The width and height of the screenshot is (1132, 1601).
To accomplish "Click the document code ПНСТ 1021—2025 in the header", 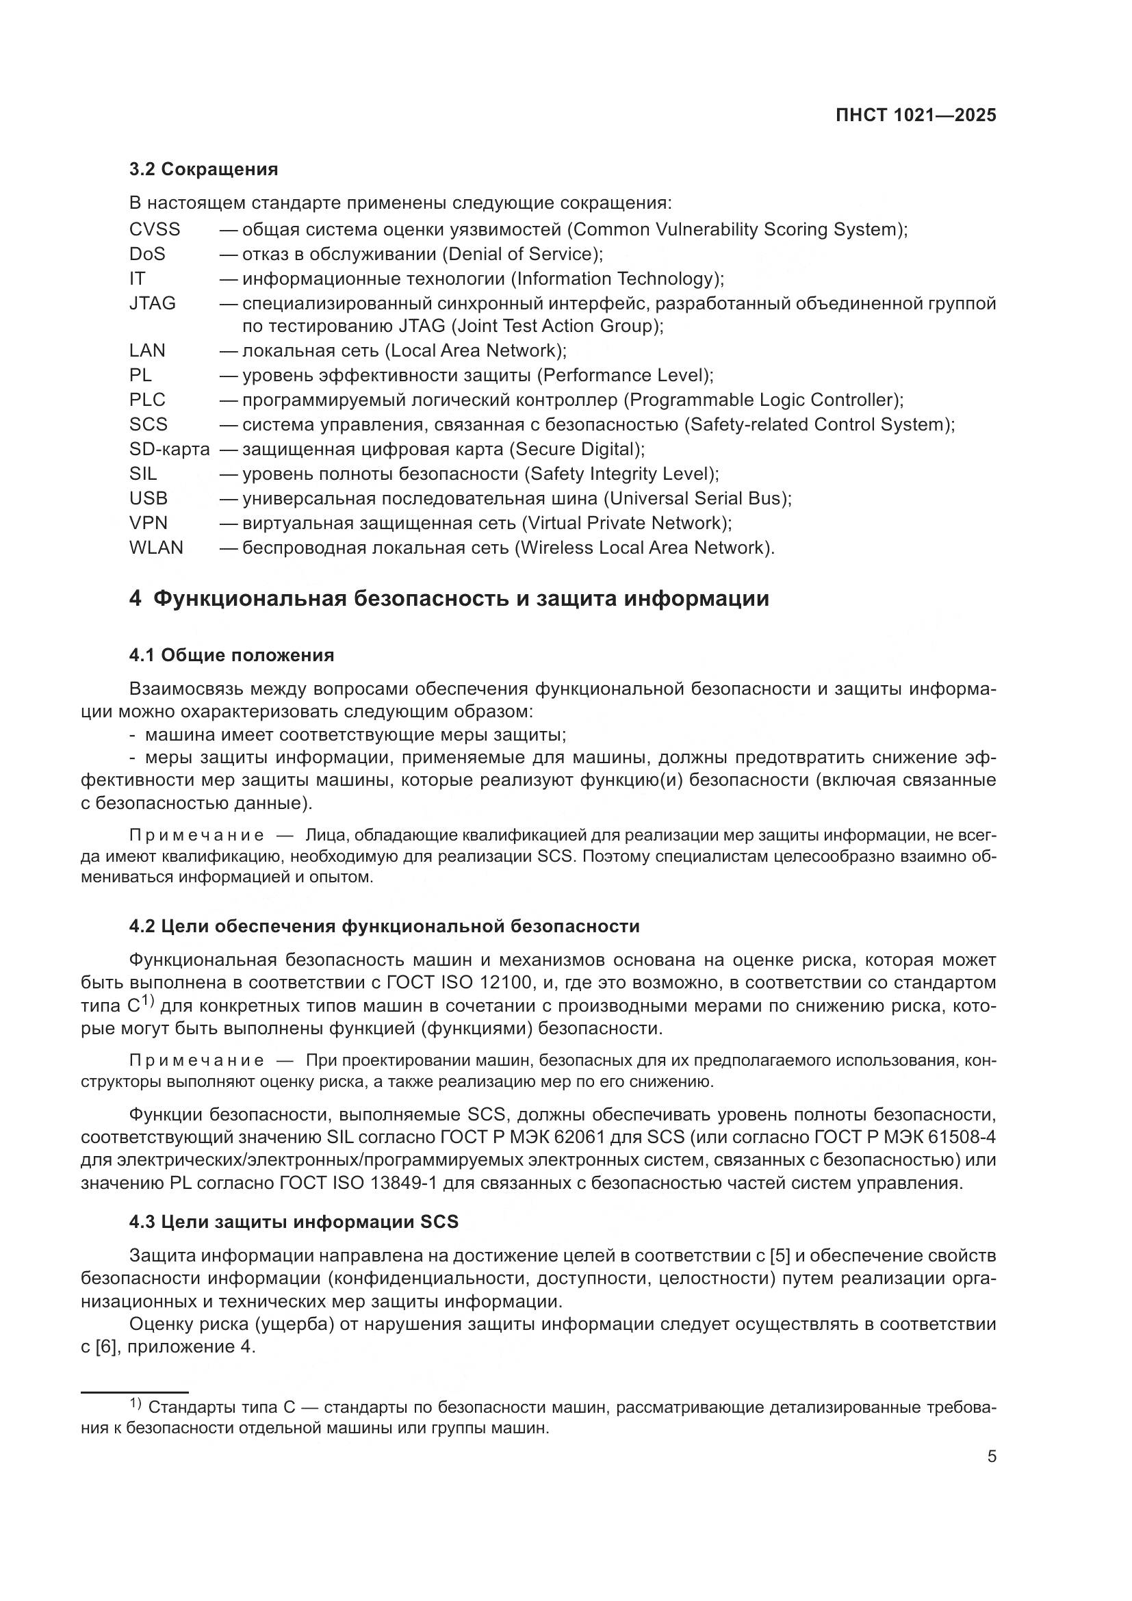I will point(915,116).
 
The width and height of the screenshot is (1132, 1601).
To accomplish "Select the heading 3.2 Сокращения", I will point(203,170).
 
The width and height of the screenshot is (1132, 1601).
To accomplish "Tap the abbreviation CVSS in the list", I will point(154,229).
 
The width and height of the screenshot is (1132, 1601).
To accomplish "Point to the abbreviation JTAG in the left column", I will point(152,303).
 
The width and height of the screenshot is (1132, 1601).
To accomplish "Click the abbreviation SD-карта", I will point(168,449).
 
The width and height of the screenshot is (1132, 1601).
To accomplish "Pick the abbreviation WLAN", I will point(156,548).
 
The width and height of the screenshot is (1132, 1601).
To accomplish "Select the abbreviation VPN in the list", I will point(148,523).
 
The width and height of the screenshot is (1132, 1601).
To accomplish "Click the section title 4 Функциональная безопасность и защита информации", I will point(449,599).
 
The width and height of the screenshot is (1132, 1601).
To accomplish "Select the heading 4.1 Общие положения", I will point(231,656).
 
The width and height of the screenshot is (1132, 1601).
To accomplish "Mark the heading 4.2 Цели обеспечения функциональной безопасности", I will point(384,927).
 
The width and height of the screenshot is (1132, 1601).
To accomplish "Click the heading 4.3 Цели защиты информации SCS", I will point(294,1222).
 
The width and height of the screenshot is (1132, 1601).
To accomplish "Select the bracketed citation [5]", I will point(780,1257).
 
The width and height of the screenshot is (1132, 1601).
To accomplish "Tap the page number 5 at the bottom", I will point(992,1457).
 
